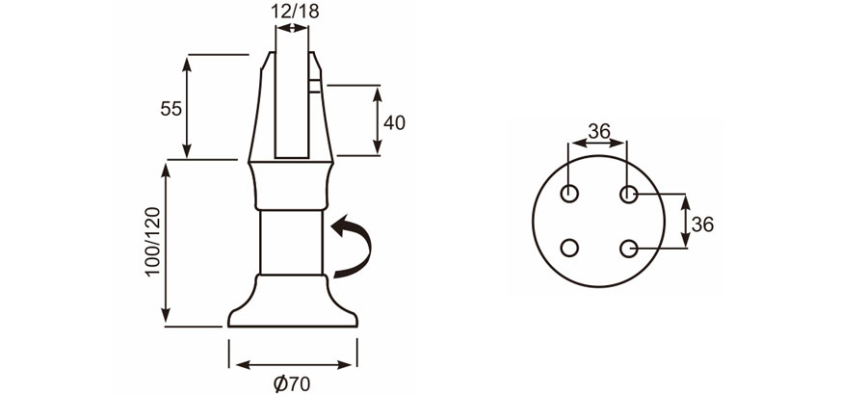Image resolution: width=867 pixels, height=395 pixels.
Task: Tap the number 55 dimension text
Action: (171, 108)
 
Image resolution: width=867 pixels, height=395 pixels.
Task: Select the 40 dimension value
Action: (394, 122)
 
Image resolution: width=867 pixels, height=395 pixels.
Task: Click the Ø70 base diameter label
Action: (292, 383)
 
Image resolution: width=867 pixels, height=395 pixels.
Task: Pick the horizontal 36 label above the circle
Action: (599, 132)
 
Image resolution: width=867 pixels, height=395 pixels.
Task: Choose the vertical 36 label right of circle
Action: (702, 224)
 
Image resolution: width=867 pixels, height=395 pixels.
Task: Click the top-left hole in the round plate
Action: (570, 194)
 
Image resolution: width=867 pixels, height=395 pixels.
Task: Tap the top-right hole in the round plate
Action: (629, 194)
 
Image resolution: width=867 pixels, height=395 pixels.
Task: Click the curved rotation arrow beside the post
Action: (353, 247)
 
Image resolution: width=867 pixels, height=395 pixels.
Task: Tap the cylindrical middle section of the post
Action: (292, 241)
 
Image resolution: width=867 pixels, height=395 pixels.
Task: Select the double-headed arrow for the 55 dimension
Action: (187, 106)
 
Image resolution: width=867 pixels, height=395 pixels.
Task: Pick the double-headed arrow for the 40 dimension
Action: (378, 119)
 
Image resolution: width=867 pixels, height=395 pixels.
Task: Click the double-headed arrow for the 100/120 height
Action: (168, 243)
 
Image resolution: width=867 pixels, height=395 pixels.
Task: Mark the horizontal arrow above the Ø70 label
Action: (292, 365)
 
